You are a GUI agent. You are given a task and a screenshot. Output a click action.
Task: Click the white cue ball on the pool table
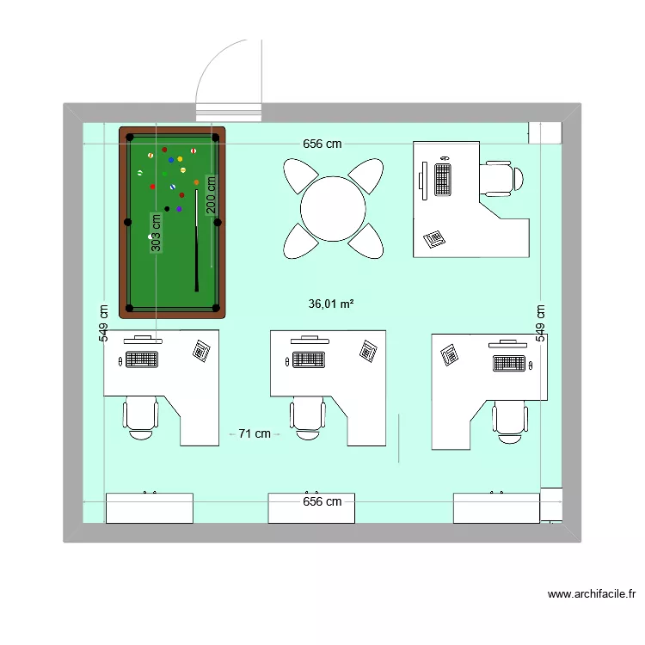pos(151,236)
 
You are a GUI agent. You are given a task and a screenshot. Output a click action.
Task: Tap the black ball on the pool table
pos(167,208)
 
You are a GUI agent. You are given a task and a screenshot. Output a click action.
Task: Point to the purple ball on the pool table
pos(179,208)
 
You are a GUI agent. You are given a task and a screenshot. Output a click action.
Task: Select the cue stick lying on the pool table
pos(197,241)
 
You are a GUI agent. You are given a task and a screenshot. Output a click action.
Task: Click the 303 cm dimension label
pos(156,233)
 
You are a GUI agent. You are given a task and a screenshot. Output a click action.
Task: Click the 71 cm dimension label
pos(255,434)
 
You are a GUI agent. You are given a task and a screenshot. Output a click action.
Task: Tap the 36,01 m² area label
pos(331,304)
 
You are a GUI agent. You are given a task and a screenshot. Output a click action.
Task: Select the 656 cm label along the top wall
pos(322,144)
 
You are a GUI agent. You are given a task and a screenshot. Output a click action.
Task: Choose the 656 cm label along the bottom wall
pos(322,501)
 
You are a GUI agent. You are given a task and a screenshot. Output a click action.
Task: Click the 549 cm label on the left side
pos(104,324)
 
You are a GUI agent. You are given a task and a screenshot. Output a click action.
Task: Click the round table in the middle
pos(334,209)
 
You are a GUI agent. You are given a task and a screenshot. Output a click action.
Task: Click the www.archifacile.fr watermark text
pos(591,593)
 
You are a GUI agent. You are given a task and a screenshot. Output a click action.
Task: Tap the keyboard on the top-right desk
pos(443,179)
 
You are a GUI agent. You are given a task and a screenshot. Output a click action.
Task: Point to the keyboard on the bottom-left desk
pos(142,359)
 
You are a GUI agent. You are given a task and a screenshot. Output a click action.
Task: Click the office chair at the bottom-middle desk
pos(308,417)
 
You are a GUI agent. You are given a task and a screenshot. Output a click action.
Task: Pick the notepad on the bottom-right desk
pos(449,353)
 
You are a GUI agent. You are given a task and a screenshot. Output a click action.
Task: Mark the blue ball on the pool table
pos(171,160)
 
